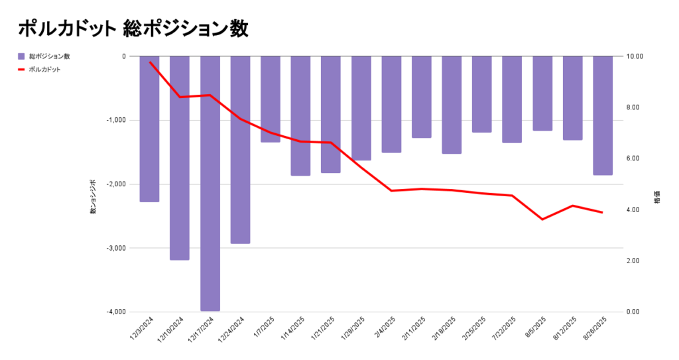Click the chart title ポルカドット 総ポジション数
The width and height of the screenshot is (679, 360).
pos(133,29)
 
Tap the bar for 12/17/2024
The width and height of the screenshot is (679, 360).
pos(210,183)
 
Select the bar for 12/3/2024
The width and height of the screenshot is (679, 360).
pos(149,129)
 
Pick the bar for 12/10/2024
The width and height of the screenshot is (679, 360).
pos(180,158)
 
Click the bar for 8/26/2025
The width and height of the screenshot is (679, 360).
pos(603,115)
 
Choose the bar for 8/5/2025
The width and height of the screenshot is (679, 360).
pos(542,93)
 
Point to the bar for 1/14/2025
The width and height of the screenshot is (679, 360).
pos(300,115)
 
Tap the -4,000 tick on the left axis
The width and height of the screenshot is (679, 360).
pos(113,312)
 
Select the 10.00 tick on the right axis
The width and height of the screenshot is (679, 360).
pos(635,56)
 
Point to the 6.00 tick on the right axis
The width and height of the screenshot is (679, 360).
pos(635,158)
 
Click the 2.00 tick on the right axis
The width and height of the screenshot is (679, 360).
pos(635,261)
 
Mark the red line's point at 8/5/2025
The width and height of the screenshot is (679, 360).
pos(542,219)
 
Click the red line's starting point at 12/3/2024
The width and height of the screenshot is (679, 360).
pos(150,62)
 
